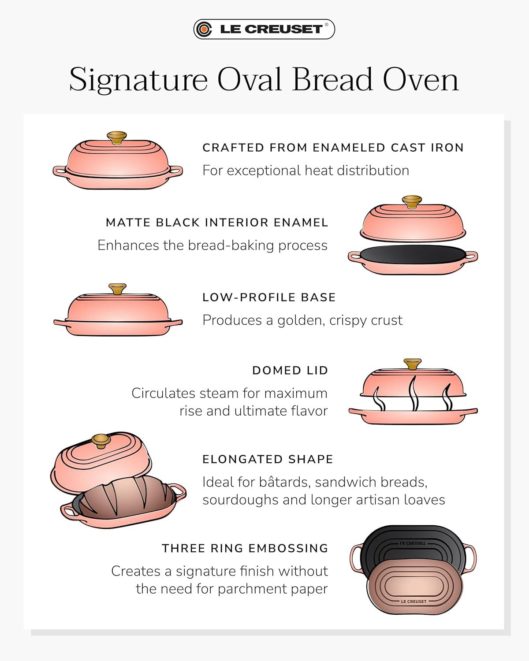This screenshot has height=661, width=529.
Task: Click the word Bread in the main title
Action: [332, 79]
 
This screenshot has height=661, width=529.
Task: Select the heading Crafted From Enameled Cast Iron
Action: [333, 148]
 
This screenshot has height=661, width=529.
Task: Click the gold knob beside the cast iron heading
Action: [117, 137]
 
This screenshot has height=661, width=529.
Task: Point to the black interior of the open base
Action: [413, 255]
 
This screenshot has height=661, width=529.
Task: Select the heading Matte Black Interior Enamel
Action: [217, 223]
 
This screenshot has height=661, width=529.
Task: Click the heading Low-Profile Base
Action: [269, 297]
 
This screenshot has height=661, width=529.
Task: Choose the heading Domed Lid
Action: [290, 371]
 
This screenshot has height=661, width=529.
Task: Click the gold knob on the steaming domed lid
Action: [413, 364]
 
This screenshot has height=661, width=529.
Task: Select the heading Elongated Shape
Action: [268, 459]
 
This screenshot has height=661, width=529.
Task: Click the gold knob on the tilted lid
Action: [101, 441]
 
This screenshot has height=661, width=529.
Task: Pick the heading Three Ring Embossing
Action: [245, 548]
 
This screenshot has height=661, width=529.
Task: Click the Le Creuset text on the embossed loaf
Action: [414, 602]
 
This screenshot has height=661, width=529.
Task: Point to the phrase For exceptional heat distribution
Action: [306, 171]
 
